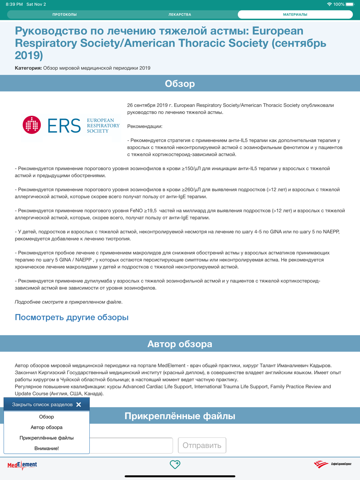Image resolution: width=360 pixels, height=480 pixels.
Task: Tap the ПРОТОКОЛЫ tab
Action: click(64, 14)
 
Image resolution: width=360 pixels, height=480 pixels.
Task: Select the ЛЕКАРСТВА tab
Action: click(180, 14)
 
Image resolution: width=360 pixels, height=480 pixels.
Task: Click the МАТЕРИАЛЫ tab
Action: click(295, 14)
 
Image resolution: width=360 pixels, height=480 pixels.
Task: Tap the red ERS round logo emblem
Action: click(32, 125)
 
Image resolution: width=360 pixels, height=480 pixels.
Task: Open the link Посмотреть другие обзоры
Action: click(72, 317)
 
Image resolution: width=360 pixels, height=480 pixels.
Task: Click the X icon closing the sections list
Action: click(79, 404)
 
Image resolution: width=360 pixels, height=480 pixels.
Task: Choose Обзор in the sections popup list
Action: click(46, 417)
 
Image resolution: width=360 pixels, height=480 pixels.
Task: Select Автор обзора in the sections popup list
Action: click(46, 427)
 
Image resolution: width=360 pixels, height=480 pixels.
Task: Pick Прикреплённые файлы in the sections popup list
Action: click(46, 438)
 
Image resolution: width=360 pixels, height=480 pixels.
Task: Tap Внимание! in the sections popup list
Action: click(46, 448)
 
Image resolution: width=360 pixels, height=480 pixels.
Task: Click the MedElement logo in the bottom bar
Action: click(22, 465)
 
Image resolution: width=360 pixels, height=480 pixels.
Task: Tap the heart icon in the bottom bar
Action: click(175, 465)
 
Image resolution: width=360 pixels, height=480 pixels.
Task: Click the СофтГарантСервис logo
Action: click(332, 464)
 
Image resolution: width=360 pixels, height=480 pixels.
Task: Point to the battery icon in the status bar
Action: click(350, 4)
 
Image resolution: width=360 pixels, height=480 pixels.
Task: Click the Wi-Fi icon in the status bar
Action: click(329, 4)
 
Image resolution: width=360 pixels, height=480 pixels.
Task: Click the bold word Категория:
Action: click(28, 68)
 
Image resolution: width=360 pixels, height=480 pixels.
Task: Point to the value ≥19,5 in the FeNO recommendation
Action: click(150, 211)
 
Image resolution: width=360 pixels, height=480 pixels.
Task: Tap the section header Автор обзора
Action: click(180, 344)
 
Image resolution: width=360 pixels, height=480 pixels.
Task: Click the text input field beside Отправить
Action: click(131, 445)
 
